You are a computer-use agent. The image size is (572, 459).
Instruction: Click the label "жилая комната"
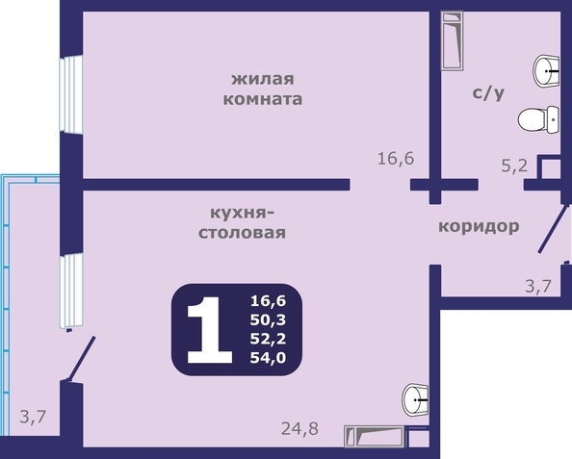pyautogui.click(x=263, y=89)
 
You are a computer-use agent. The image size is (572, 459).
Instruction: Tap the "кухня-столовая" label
pyautogui.click(x=242, y=223)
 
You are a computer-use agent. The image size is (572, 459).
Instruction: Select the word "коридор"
pyautogui.click(x=479, y=227)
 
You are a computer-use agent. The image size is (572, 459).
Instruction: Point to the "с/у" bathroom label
pyautogui.click(x=488, y=93)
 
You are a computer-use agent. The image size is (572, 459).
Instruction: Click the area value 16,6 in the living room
pyautogui.click(x=396, y=159)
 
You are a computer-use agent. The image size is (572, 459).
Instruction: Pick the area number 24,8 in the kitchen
pyautogui.click(x=299, y=429)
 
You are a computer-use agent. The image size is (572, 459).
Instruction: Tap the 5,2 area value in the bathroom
pyautogui.click(x=514, y=166)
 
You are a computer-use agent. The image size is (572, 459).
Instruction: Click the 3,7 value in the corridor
pyautogui.click(x=538, y=286)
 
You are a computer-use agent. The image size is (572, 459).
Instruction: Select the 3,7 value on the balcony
pyautogui.click(x=33, y=417)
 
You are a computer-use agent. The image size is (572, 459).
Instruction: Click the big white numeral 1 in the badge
pyautogui.click(x=209, y=330)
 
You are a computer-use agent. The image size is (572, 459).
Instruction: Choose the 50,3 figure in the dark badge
pyautogui.click(x=268, y=320)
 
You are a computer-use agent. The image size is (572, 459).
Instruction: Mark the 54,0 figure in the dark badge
pyautogui.click(x=268, y=358)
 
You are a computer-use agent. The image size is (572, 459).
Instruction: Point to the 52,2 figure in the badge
pyautogui.click(x=268, y=339)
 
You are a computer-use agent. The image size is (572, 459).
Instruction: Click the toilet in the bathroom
pyautogui.click(x=538, y=119)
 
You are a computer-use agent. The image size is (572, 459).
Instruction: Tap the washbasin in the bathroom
pyautogui.click(x=546, y=71)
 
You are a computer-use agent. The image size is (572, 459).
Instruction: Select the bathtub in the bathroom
pyautogui.click(x=453, y=40)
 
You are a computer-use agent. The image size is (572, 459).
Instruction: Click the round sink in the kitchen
pyautogui.click(x=415, y=400)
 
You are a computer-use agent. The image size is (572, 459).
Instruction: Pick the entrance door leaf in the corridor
pyautogui.click(x=553, y=229)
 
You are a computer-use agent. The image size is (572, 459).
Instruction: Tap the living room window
pyautogui.click(x=70, y=95)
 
